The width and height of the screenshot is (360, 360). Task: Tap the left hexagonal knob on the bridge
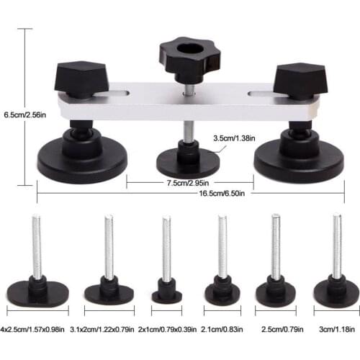[x=81, y=76]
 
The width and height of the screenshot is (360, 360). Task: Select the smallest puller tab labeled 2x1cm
[x=166, y=292]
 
